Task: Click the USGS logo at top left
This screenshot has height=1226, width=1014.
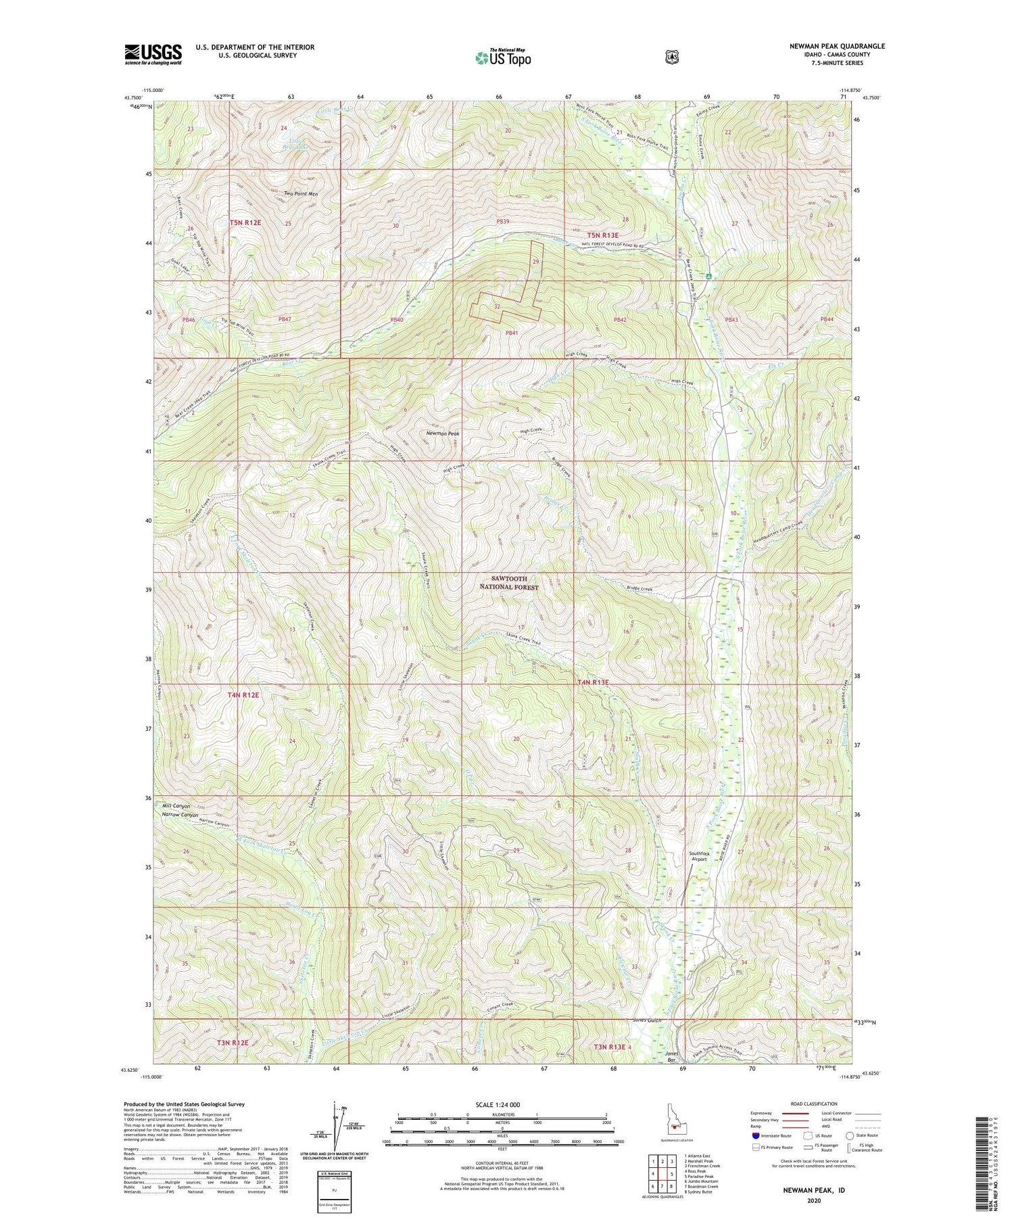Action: coord(153,54)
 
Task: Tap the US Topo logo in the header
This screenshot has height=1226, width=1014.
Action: coord(503,57)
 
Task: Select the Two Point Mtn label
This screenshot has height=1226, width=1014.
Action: coord(301,194)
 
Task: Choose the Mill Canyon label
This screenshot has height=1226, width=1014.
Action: coord(176,806)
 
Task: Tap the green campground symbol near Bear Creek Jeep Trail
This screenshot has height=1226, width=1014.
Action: coord(708,277)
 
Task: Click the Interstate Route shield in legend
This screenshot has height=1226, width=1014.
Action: coord(755,1136)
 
